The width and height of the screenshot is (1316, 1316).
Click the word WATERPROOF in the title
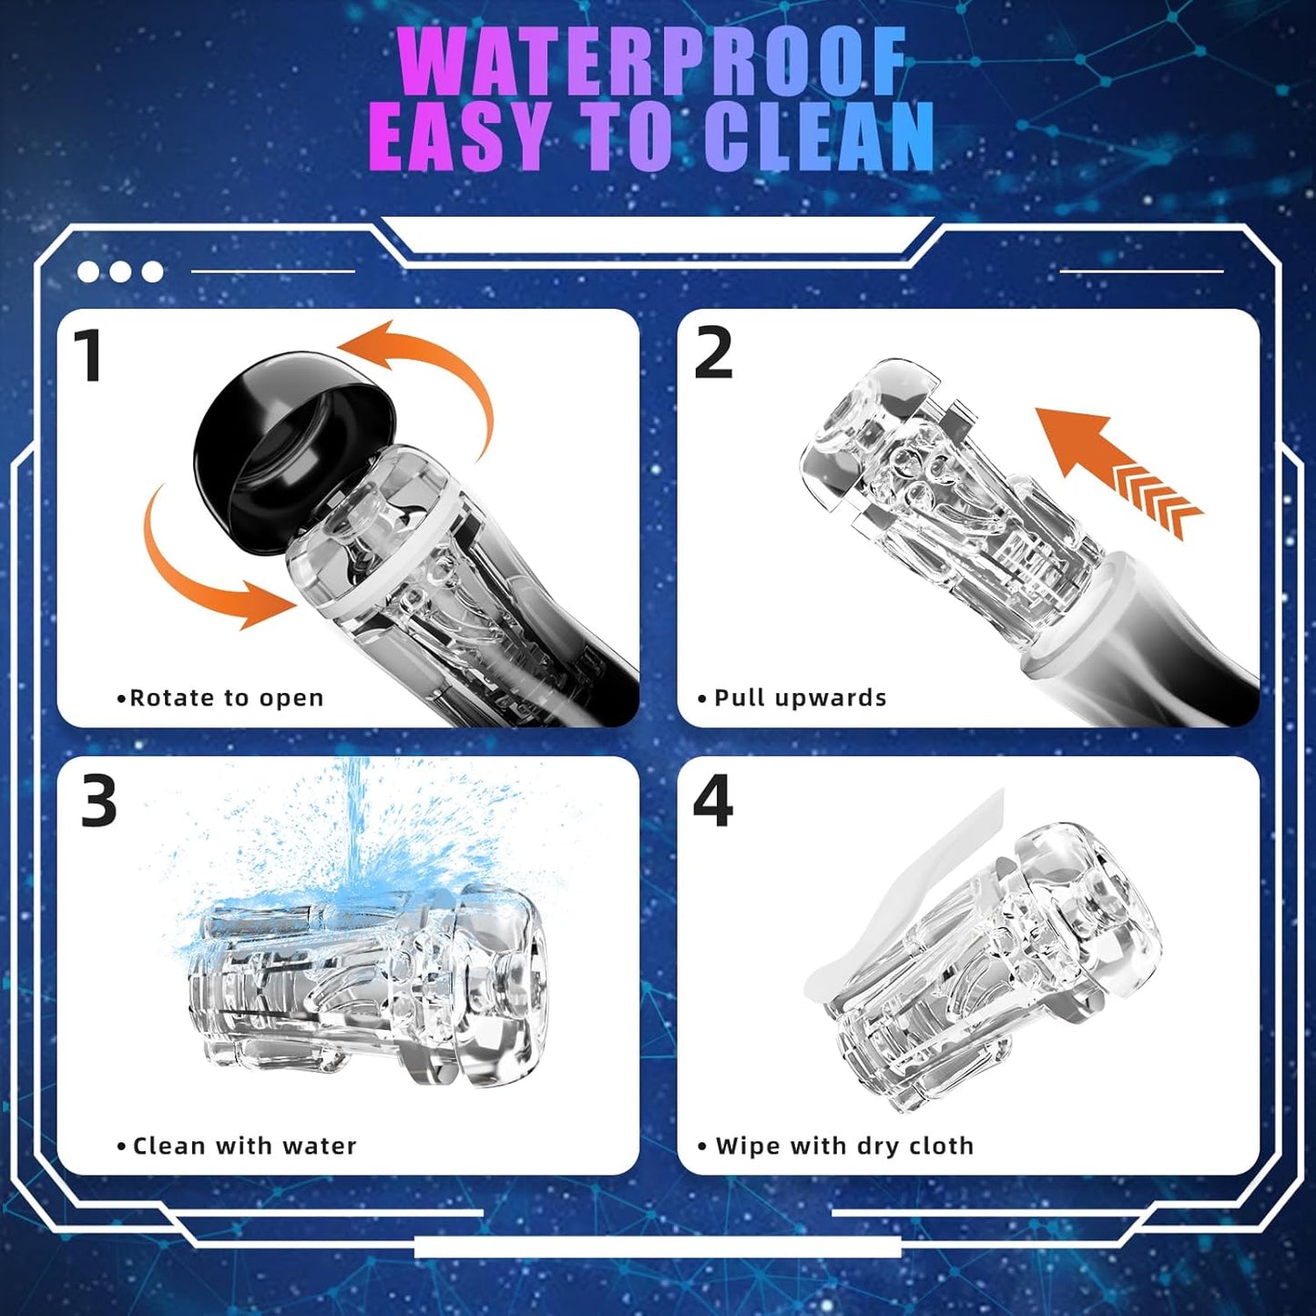click(x=652, y=63)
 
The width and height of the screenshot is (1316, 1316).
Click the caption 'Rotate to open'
click(x=219, y=698)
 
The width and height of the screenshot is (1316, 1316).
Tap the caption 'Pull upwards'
click(x=792, y=698)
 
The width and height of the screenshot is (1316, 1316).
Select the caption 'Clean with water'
click(x=237, y=1146)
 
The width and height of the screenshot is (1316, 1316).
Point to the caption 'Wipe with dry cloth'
click(x=836, y=1146)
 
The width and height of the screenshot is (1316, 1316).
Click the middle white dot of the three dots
click(x=120, y=271)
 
